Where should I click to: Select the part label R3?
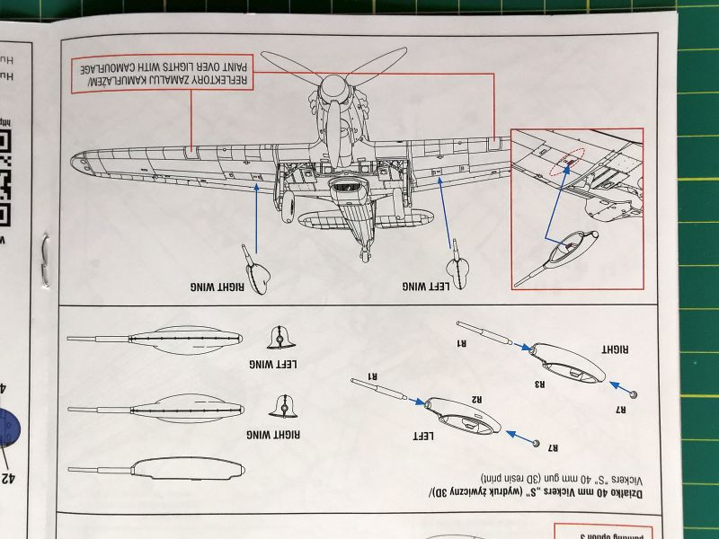540,384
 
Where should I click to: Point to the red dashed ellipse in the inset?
566,161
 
